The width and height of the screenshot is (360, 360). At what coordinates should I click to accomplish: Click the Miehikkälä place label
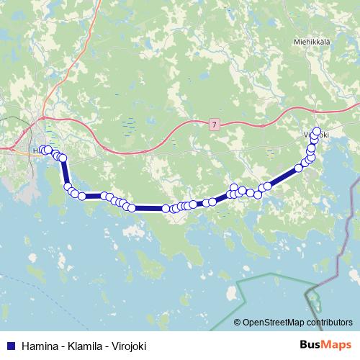tap(311, 41)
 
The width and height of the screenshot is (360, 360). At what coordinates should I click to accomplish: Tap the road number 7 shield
tap(214, 125)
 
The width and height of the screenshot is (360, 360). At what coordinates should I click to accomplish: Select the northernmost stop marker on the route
tap(317, 132)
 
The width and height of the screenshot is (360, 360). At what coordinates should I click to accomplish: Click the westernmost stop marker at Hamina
tap(42, 150)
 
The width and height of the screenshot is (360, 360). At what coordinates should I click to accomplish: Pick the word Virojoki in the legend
tap(127, 346)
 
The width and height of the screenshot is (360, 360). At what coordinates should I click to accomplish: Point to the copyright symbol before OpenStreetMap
tap(238, 323)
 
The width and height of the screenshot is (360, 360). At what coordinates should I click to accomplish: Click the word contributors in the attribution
tap(329, 323)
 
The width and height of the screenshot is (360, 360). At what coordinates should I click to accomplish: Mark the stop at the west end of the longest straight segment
tap(132, 208)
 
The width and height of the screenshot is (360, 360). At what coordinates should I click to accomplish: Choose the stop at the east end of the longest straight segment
tap(166, 209)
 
